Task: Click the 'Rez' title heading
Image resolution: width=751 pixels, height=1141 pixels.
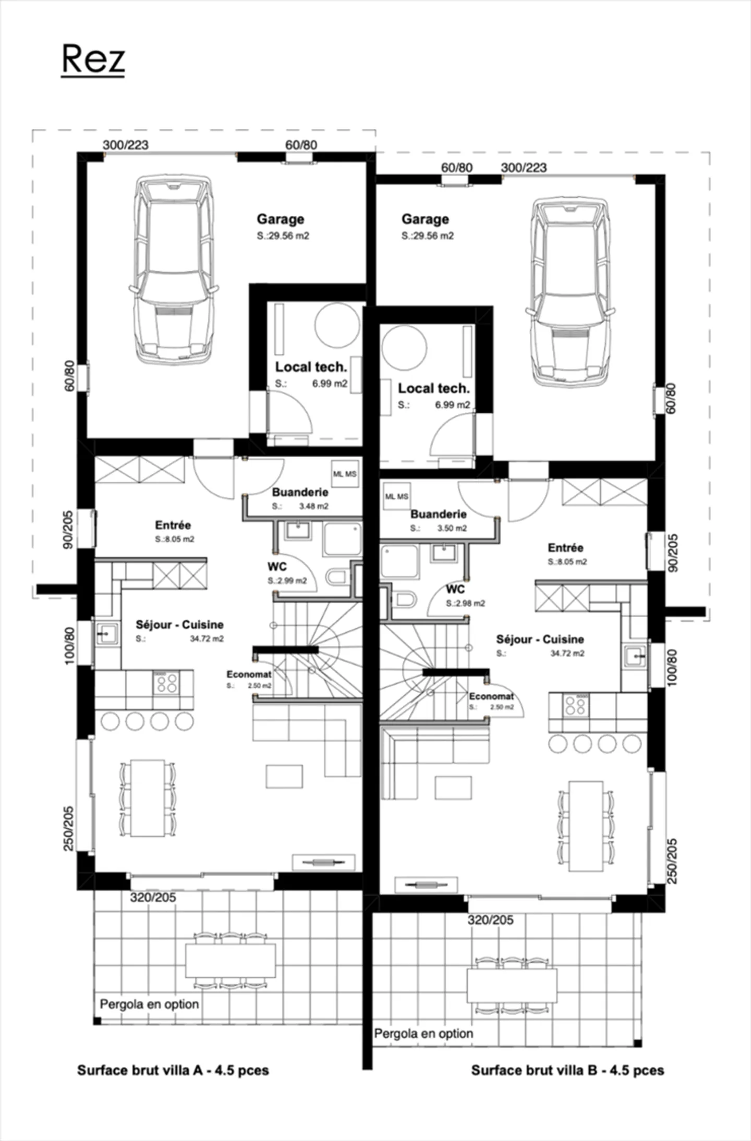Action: [x=93, y=59]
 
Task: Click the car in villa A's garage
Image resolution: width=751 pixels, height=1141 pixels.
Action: [x=174, y=269]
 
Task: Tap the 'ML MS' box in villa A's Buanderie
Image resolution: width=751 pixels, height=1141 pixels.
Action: [x=345, y=474]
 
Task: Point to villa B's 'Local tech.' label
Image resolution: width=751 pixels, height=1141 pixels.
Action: [x=433, y=388]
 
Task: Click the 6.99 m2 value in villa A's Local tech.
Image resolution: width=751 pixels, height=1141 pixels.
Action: [x=330, y=384]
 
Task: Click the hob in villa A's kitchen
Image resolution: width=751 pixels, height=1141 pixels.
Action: [x=166, y=682]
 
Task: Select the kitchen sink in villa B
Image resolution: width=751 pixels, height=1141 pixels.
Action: [x=635, y=656]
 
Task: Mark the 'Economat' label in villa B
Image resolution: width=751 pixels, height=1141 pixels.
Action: [x=491, y=696]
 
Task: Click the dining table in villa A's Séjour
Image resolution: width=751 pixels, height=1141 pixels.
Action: [x=148, y=798]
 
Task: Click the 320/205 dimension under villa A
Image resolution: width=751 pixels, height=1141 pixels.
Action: [x=153, y=897]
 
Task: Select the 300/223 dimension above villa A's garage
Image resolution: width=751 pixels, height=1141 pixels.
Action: [x=125, y=145]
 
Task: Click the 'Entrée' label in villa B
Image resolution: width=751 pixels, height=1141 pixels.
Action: [x=565, y=548]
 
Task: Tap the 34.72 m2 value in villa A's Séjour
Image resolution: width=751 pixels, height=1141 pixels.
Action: [x=207, y=639]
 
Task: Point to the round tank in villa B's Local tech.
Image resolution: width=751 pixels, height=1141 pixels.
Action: [x=404, y=347]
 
